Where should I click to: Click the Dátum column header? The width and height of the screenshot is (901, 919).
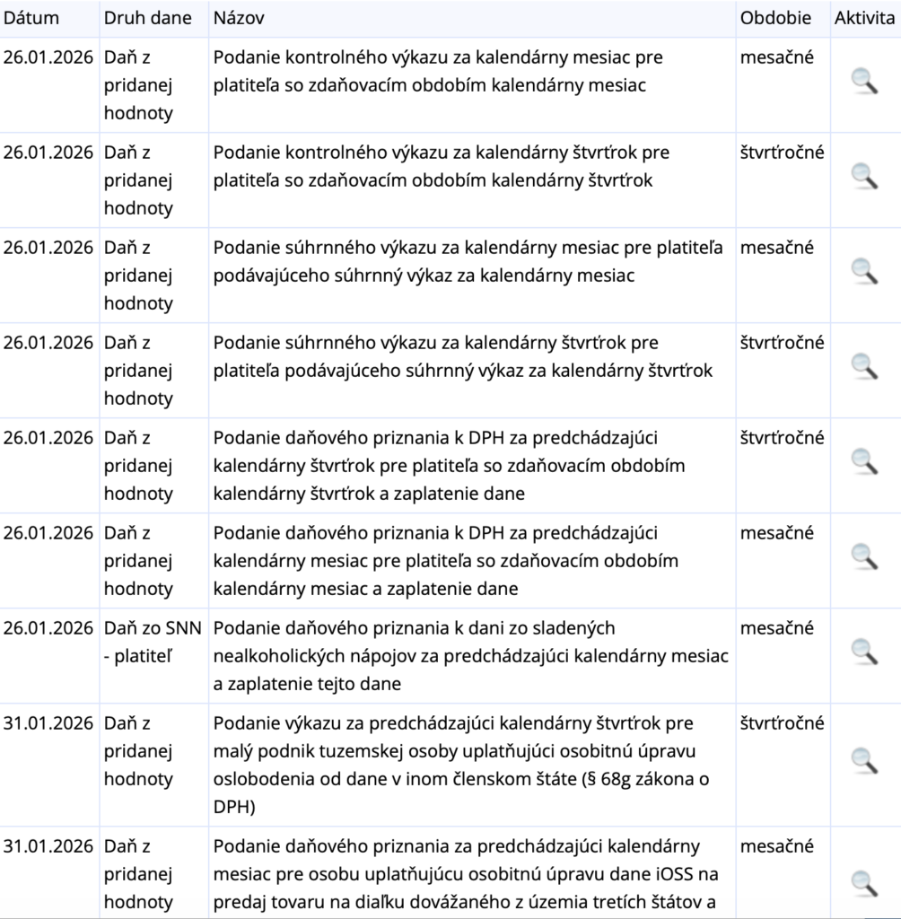(31, 18)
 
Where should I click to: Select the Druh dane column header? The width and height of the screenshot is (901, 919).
(147, 18)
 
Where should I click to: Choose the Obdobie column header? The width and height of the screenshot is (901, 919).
(775, 18)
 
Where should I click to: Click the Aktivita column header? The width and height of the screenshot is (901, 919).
(864, 18)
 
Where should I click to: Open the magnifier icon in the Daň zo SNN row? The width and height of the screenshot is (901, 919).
(864, 652)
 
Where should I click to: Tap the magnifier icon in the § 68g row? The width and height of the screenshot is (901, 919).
(864, 760)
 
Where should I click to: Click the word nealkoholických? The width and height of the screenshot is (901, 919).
(276, 656)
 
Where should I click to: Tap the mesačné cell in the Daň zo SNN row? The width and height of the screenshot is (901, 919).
(776, 628)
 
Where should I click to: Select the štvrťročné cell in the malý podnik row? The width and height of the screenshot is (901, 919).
(782, 723)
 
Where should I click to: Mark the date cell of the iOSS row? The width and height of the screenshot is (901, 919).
(48, 846)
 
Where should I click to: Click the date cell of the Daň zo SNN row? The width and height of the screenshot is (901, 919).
(48, 628)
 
